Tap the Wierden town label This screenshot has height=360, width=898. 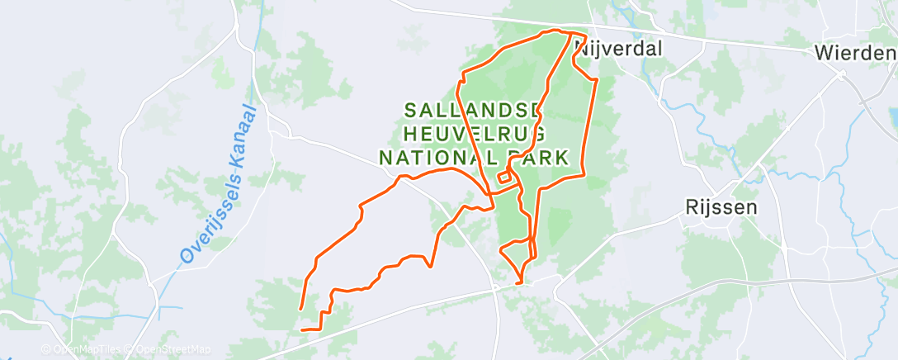point(855,54)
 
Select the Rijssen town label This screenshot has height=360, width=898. point(721,207)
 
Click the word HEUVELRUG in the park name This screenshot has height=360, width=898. point(474,133)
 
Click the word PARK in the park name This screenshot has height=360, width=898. point(539,157)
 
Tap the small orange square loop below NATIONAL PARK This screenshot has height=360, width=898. point(503,178)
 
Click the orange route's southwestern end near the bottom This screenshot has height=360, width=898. point(302,330)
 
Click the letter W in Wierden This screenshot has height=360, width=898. point(822,54)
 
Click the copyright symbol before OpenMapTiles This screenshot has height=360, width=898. point(45,350)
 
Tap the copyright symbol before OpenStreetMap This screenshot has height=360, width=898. point(130,350)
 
